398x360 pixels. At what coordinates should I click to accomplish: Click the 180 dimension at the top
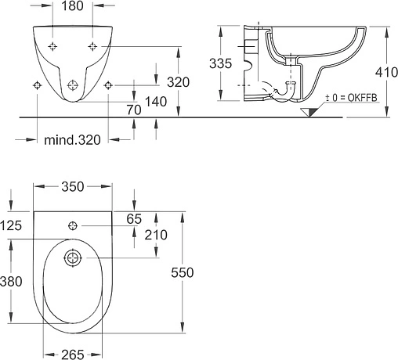[72, 5]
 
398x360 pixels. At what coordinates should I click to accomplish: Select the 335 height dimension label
[220, 63]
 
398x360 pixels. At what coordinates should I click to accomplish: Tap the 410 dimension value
[386, 72]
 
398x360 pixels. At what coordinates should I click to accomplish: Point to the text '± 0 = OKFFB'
[351, 98]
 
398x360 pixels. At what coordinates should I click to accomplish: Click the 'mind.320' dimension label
[72, 140]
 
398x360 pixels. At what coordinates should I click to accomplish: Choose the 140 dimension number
[156, 102]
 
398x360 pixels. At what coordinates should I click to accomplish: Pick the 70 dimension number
[134, 110]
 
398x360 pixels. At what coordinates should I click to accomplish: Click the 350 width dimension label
[73, 186]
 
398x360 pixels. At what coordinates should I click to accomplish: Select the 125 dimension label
[11, 225]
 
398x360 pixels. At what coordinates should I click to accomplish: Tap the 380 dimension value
[11, 282]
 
